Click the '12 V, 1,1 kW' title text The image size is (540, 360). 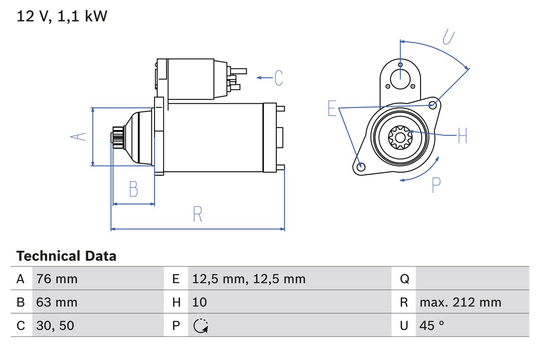pyautogui.click(x=62, y=16)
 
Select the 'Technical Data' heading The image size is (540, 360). pyautogui.click(x=66, y=256)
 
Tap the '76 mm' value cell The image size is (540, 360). pyautogui.click(x=57, y=279)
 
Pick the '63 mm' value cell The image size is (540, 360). pyautogui.click(x=57, y=302)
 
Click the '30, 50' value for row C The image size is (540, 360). pyautogui.click(x=55, y=325)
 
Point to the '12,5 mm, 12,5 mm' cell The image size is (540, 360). pyautogui.click(x=248, y=279)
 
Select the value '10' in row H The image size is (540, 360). pyautogui.click(x=200, y=302)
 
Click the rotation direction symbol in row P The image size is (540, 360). pyautogui.click(x=200, y=326)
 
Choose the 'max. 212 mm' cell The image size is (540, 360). pyautogui.click(x=460, y=302)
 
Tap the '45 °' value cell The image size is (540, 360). pyautogui.click(x=432, y=325)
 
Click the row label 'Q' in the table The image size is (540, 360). pyautogui.click(x=404, y=279)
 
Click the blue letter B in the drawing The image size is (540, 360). pyautogui.click(x=133, y=189)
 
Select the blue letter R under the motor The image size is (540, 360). pyautogui.click(x=197, y=214)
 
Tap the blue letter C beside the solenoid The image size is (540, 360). pyautogui.click(x=278, y=78)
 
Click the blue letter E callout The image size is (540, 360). pyautogui.click(x=332, y=108)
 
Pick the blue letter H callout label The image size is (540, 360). pyautogui.click(x=462, y=135)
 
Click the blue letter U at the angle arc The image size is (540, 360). pyautogui.click(x=448, y=37)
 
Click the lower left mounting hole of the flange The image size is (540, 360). pyautogui.click(x=360, y=167)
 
